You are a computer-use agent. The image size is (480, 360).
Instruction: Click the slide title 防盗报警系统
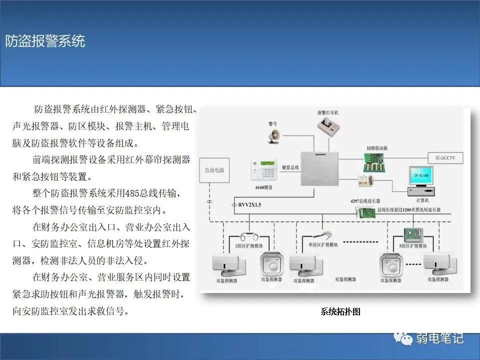click(x=45, y=41)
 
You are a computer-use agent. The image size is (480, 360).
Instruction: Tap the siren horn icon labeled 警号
click(x=274, y=135)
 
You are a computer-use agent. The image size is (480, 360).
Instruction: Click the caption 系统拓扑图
click(x=340, y=312)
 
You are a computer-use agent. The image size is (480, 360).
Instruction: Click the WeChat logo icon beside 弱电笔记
click(x=403, y=339)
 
